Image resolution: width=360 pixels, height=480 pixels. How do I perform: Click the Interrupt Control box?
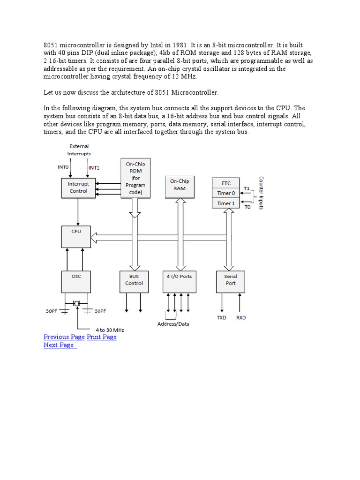point(78,187)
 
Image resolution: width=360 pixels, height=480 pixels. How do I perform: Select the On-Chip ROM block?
point(135,178)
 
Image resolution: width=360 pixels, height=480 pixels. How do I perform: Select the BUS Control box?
point(134,282)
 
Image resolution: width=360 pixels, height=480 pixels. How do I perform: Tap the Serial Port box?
point(231,282)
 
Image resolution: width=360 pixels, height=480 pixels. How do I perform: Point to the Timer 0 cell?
point(226,193)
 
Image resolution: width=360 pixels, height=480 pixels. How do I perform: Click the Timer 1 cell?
point(226,203)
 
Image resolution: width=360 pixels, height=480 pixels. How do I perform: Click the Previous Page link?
point(64,337)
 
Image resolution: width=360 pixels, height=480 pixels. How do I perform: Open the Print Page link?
point(102,337)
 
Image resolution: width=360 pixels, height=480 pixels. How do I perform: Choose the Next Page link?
point(59,345)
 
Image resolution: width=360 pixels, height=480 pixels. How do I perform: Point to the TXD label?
point(221,318)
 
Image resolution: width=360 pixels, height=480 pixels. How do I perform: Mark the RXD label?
point(240,318)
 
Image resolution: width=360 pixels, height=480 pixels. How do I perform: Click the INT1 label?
point(94,167)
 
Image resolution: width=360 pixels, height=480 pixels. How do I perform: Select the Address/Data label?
point(173,324)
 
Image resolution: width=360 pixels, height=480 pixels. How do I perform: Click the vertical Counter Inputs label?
point(261,193)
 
